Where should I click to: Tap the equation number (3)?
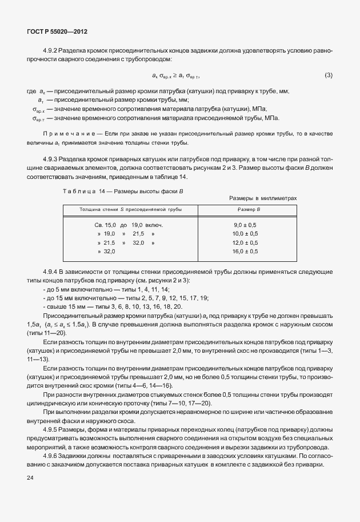tap(328, 75)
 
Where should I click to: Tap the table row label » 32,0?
tap(106, 251)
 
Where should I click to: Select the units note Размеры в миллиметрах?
tap(263, 198)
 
